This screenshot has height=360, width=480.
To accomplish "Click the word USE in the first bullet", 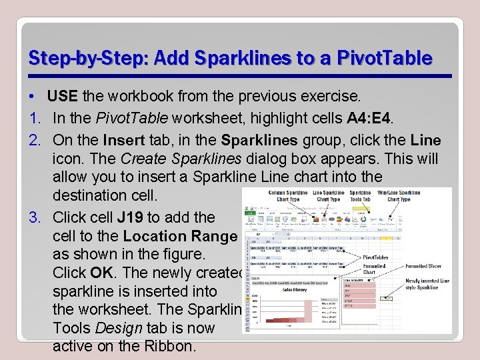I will pyautogui.click(x=63, y=96).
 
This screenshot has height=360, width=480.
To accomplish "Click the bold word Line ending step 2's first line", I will pyautogui.click(x=426, y=141).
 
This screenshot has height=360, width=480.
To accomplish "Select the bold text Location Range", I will pyautogui.click(x=180, y=236).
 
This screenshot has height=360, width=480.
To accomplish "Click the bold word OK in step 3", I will pyautogui.click(x=101, y=273).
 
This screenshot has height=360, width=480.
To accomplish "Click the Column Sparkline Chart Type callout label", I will pyautogui.click(x=287, y=195).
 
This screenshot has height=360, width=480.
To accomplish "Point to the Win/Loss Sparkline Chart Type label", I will pyautogui.click(x=398, y=195).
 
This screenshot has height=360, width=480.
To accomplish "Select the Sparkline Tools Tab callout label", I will pyautogui.click(x=360, y=195).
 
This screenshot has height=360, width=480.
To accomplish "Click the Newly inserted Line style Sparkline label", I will pyautogui.click(x=427, y=284).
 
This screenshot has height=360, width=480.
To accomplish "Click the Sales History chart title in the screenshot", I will pyautogui.click(x=294, y=290).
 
